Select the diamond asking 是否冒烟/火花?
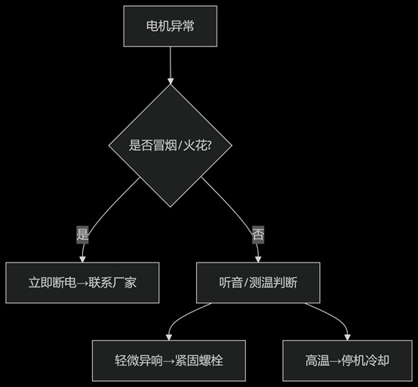pos(171,146)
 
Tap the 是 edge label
pos(83,234)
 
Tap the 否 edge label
pos(258,234)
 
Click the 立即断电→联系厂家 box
pos(82,283)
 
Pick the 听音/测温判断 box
pos(258,283)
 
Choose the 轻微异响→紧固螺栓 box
pos(169,360)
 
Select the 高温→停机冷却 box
pos(347,360)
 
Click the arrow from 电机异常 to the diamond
pos(171,64)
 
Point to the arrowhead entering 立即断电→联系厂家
pos(82,259)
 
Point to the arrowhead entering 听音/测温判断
pos(258,259)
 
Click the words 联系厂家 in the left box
pos(112,283)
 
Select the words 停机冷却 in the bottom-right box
pos(367,360)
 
